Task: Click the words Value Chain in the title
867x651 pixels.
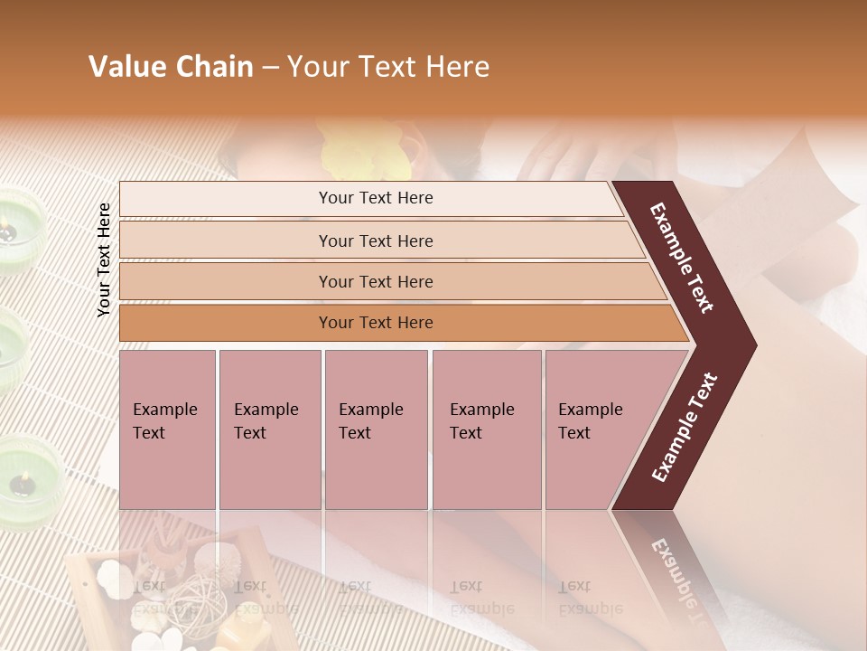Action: click(x=171, y=67)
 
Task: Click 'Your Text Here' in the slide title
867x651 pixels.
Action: click(x=388, y=67)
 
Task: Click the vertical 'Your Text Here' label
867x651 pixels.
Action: click(x=105, y=259)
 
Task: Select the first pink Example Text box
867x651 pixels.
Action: click(x=167, y=429)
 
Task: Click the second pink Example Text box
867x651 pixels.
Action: click(x=269, y=429)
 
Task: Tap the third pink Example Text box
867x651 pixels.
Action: click(x=376, y=429)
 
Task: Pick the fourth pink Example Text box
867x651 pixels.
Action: click(x=486, y=429)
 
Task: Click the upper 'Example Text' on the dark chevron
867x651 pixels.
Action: click(x=682, y=258)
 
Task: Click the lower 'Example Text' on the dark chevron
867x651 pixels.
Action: click(x=685, y=427)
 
